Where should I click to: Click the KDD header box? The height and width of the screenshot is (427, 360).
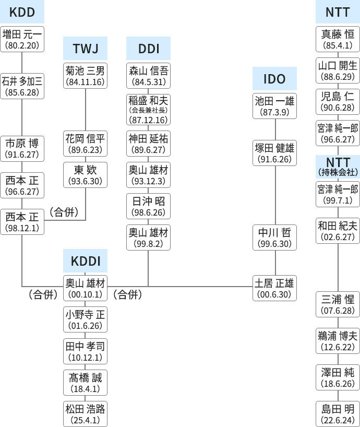pos(22,11)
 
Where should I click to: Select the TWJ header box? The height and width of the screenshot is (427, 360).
pos(85,49)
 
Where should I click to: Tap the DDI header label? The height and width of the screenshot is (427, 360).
pos(148,49)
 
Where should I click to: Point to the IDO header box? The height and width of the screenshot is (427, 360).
pos(274,79)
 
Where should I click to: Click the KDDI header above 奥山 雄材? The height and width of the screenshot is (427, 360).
pos(85,261)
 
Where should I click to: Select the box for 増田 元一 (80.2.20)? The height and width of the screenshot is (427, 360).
pos(22,39)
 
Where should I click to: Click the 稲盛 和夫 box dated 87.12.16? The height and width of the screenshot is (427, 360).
pos(148,109)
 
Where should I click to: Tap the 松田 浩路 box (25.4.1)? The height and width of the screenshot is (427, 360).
pos(85,414)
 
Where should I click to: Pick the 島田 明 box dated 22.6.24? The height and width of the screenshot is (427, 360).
pos(338,414)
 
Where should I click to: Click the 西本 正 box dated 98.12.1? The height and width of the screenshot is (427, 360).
pos(22,221)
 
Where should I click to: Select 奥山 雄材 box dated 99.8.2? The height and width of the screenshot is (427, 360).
pos(148,238)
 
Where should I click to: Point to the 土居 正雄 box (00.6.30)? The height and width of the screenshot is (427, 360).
pos(274,288)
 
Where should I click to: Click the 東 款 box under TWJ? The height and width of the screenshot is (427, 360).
pos(85,175)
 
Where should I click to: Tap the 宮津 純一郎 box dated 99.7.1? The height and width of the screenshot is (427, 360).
pos(338,194)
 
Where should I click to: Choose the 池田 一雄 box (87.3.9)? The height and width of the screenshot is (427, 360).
pos(274,106)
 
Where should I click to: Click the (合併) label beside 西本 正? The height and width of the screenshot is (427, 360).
pos(64,212)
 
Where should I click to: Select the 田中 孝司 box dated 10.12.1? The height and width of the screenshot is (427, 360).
pos(85,351)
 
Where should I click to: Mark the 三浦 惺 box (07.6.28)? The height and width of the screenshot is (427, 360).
pos(338,305)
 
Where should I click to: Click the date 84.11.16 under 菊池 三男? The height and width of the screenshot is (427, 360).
pos(85,82)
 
